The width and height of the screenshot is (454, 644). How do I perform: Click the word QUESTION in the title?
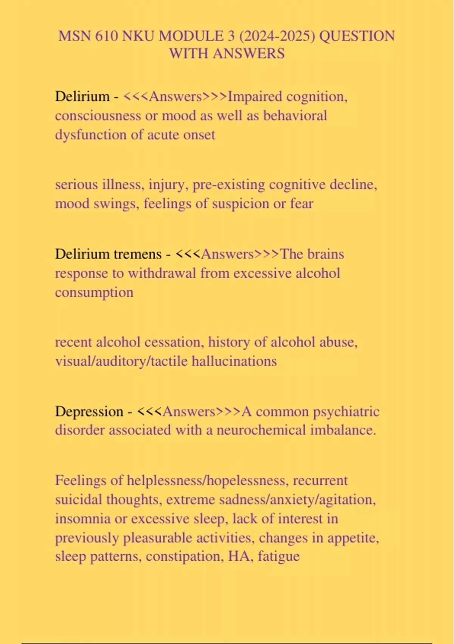pos(357,36)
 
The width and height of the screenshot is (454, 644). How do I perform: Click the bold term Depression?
pos(89,411)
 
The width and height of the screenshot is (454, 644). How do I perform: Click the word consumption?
pos(94,292)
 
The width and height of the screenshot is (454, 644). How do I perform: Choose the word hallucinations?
pos(234,361)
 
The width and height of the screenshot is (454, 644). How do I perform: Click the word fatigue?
pos(279,556)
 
